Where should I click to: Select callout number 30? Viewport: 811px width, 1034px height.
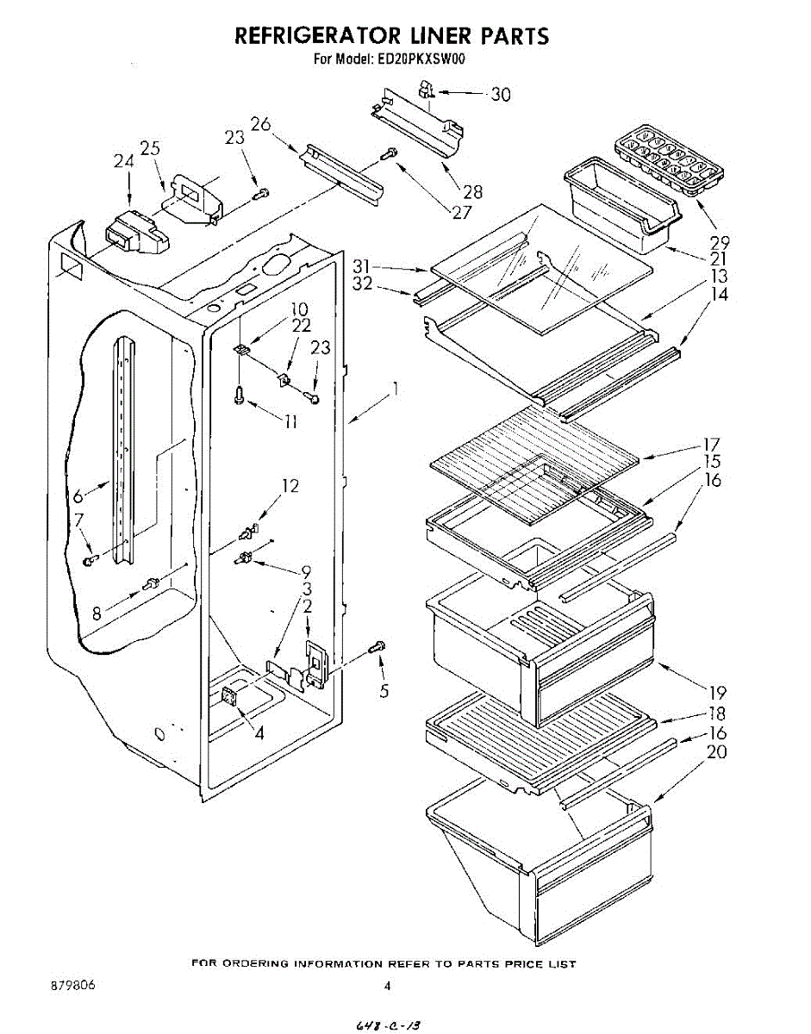tap(500, 95)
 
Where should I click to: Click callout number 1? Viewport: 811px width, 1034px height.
tap(395, 389)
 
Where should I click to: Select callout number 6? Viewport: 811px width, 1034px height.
tap(78, 497)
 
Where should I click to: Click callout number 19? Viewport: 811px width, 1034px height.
tap(718, 693)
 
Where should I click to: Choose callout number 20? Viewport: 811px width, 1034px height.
tap(716, 752)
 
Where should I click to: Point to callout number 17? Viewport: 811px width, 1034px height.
tap(712, 445)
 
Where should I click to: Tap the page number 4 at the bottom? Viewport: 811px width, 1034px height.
tap(388, 987)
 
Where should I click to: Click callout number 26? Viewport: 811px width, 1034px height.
tap(261, 124)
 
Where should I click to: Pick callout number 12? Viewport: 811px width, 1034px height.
tap(290, 486)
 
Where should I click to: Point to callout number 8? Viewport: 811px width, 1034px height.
tap(97, 614)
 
